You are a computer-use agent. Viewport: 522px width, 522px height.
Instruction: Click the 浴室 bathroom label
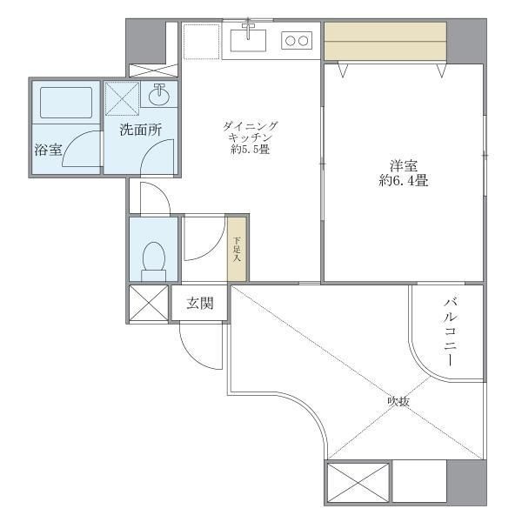[48, 150]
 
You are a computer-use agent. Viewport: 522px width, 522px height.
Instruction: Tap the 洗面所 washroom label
[140, 130]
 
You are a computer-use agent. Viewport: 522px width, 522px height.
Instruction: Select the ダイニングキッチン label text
[251, 130]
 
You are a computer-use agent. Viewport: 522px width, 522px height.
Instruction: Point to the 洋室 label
[403, 164]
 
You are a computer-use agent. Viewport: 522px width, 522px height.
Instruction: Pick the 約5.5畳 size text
[251, 150]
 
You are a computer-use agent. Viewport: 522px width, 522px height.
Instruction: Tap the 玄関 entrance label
[199, 304]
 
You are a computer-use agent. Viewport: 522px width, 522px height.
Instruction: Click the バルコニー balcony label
[451, 331]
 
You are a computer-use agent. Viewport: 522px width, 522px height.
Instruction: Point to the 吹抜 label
[398, 401]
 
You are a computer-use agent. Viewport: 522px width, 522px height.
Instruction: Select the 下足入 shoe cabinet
[237, 248]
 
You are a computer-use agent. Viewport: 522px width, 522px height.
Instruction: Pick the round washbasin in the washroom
[160, 95]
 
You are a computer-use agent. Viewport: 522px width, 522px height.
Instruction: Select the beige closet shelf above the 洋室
[385, 40]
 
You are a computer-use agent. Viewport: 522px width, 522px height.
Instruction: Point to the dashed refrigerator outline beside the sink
[201, 40]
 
